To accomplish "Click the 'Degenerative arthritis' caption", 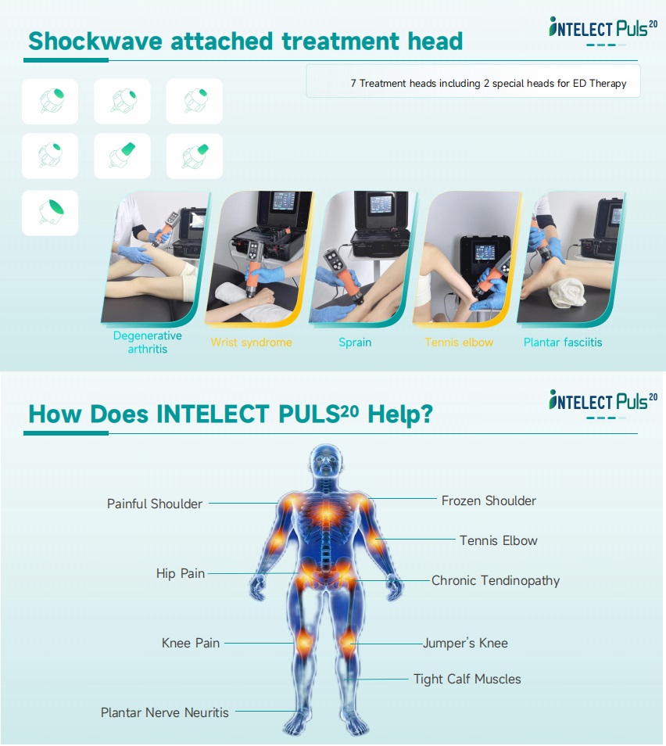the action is pos(148,342).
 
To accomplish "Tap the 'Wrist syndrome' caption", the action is pos(251,343).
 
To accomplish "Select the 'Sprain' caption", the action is pos(355,343).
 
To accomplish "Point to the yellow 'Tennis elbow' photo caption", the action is pos(459,343).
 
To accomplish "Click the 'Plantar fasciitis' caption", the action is pos(563,343).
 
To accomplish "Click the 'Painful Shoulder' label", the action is pos(155,504).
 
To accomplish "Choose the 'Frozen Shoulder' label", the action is pos(489,500).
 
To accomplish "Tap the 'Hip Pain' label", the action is pos(181,573).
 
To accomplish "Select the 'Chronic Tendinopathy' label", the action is pos(496,580).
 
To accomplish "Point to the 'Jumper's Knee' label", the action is pos(465,644).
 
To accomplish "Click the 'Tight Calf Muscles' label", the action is pos(467,679).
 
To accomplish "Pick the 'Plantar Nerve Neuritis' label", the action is pos(165,712).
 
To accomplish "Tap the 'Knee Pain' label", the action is pos(190,644).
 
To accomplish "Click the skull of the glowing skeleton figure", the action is pos(325,461).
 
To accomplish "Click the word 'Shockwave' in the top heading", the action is pos(95,41).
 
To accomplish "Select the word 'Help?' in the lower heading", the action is pos(400,414).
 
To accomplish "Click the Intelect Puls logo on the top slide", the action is pos(603,30).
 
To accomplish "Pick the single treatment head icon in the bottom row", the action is pos(50,213).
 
